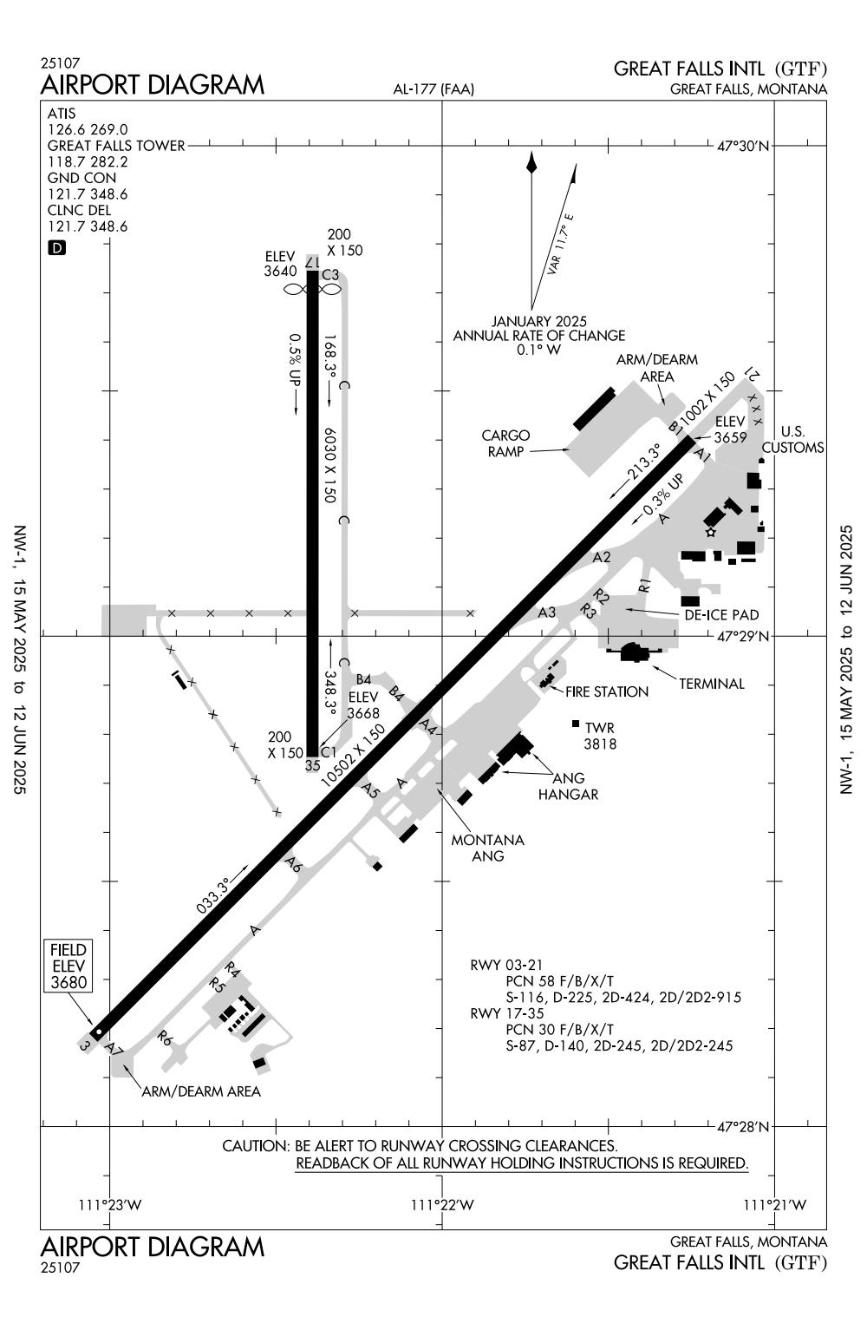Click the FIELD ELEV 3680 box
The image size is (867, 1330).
pyautogui.click(x=68, y=965)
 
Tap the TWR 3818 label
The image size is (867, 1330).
pyautogui.click(x=599, y=735)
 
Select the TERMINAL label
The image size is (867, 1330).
pyautogui.click(x=711, y=684)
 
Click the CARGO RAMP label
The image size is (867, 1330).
pyautogui.click(x=506, y=442)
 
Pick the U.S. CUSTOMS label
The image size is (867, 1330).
pyautogui.click(x=792, y=439)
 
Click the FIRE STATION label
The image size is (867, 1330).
pyautogui.click(x=607, y=691)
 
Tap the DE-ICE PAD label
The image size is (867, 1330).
pyautogui.click(x=720, y=614)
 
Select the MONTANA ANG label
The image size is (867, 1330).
pyautogui.click(x=487, y=848)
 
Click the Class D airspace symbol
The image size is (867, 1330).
pyautogui.click(x=56, y=248)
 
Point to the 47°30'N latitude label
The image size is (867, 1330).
pyautogui.click(x=743, y=147)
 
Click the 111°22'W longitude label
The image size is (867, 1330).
pyautogui.click(x=442, y=1204)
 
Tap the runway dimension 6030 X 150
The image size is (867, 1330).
pyautogui.click(x=329, y=464)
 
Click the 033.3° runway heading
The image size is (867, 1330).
pyautogui.click(x=212, y=896)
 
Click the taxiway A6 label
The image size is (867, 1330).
pyautogui.click(x=293, y=864)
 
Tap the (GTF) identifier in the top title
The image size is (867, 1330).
pyautogui.click(x=800, y=69)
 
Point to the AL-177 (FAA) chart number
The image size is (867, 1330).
pyautogui.click(x=433, y=88)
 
